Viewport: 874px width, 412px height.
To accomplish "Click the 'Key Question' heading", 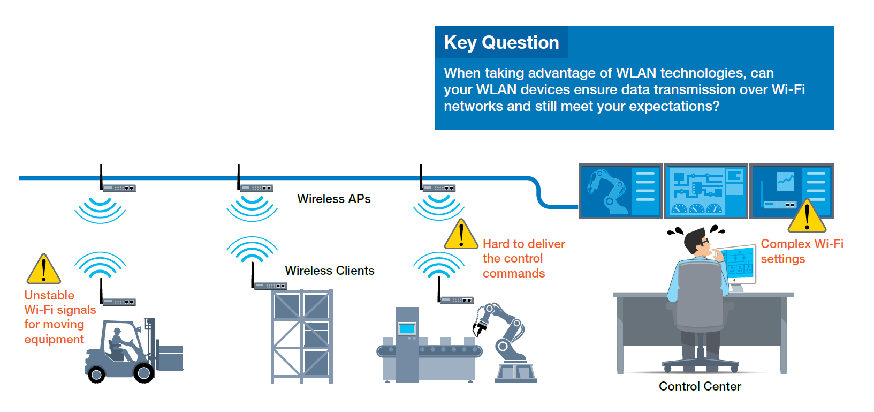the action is pos(501,43).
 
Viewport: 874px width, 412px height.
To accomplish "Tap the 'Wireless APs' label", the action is pos(333,199).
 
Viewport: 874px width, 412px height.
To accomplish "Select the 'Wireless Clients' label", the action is pos(329,271).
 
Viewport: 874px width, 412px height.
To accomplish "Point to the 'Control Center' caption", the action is pos(700,386).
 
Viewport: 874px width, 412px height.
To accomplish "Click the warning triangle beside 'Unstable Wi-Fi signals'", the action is pos(44,269).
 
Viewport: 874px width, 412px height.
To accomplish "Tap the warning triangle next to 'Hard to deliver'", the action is pos(461,234).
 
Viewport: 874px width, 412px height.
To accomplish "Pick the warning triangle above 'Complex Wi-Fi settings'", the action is pos(807,216).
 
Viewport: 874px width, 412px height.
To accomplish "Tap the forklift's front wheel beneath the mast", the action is pos(143,373).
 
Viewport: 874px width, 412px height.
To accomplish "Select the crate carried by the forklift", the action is pos(171,357).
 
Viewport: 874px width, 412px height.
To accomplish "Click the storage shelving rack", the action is pos(302,336).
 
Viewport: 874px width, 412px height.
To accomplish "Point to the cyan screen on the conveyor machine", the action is pos(407,328).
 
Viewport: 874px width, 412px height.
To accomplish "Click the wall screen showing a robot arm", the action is pos(620,191).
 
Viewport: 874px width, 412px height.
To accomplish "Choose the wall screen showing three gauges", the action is pos(706,191).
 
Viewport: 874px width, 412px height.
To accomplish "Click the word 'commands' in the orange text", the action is pos(513,273).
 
